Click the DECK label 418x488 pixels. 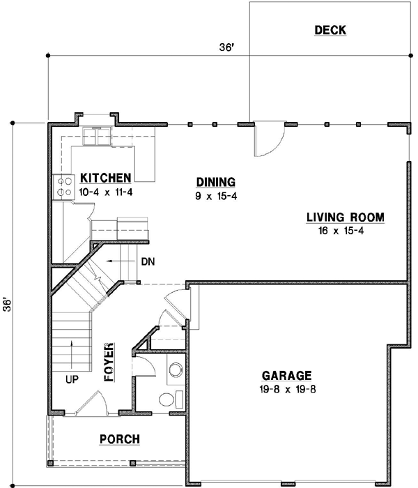click(x=330, y=30)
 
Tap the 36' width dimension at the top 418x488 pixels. click(x=225, y=47)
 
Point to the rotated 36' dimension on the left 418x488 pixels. click(x=8, y=305)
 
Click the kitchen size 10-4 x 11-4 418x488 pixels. click(x=106, y=190)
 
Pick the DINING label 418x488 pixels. click(x=215, y=182)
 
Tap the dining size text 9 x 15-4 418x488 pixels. click(x=216, y=196)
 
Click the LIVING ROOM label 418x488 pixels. click(x=346, y=217)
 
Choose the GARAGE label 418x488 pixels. click(x=287, y=374)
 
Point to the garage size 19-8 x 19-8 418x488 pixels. click(x=286, y=389)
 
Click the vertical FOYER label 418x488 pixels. click(x=109, y=362)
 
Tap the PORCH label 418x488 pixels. click(x=119, y=439)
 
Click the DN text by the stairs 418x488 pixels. click(x=147, y=262)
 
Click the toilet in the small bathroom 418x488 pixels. click(x=169, y=400)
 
